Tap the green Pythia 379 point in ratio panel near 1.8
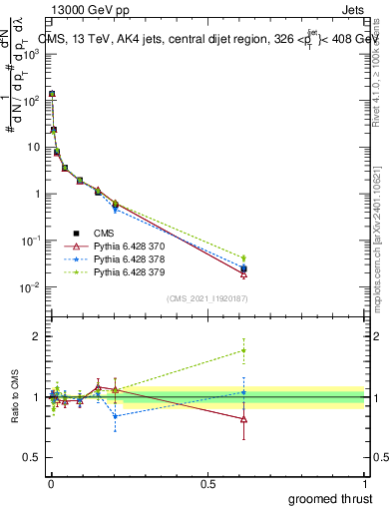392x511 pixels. pos(243,349)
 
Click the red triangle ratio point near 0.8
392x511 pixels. pos(243,419)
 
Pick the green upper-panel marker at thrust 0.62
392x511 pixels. pos(243,258)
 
